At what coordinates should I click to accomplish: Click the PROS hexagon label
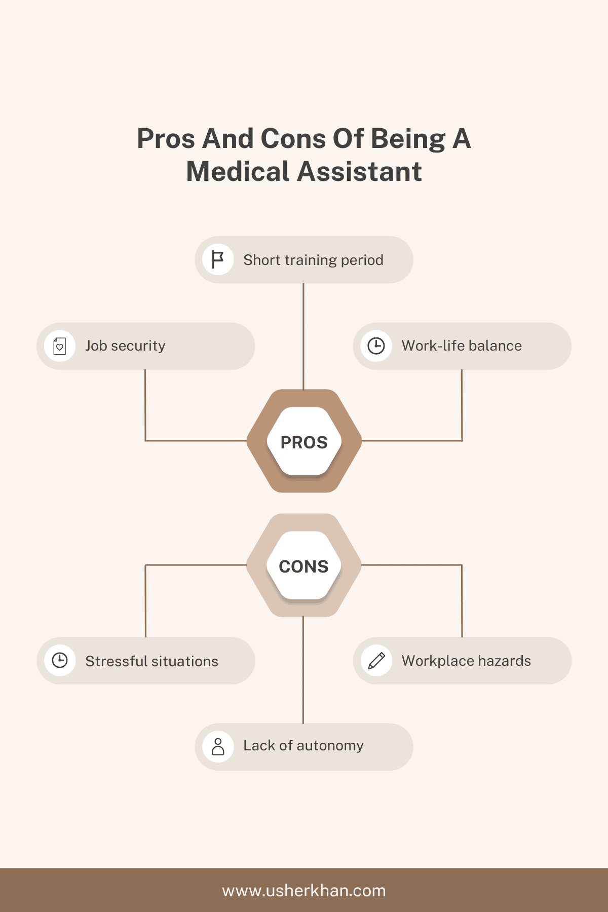pyautogui.click(x=304, y=442)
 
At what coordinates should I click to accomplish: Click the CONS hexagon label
pyautogui.click(x=304, y=566)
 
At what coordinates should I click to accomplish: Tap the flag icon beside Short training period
pyautogui.click(x=218, y=259)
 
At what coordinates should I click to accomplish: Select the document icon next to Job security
pyautogui.click(x=60, y=346)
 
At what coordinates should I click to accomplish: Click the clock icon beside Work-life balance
pyautogui.click(x=376, y=346)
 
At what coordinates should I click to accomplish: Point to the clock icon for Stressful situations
pyautogui.click(x=60, y=660)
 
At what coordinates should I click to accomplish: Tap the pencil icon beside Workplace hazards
pyautogui.click(x=376, y=661)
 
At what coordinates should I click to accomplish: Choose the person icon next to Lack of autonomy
pyautogui.click(x=218, y=747)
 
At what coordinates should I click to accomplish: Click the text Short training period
pyautogui.click(x=313, y=260)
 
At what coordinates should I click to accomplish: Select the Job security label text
pyautogui.click(x=125, y=346)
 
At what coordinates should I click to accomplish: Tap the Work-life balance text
pyautogui.click(x=462, y=346)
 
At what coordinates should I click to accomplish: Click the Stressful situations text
pyautogui.click(x=151, y=661)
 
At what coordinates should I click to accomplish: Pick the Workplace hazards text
pyautogui.click(x=466, y=661)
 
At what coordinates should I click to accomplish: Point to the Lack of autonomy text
pyautogui.click(x=303, y=746)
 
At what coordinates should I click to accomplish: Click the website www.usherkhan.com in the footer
pyautogui.click(x=304, y=891)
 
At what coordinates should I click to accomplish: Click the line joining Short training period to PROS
pyautogui.click(x=303, y=336)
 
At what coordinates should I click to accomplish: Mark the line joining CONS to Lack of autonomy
pyautogui.click(x=303, y=670)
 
